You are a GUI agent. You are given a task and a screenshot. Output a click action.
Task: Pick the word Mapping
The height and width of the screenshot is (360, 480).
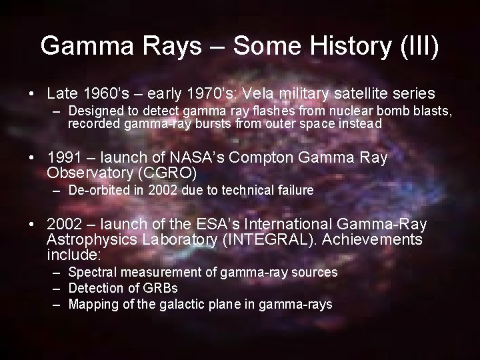[x=91, y=304]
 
